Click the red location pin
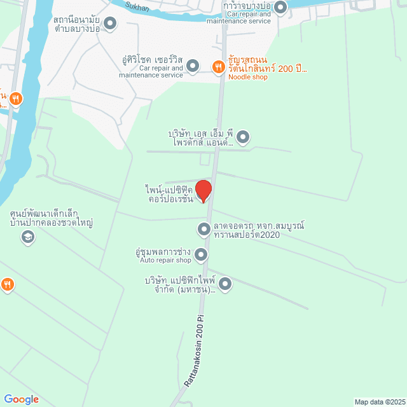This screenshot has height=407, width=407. [x=203, y=190]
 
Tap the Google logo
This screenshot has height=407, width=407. [x=21, y=399]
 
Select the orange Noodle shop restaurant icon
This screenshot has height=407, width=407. [x=218, y=66]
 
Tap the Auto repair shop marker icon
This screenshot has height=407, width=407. [x=201, y=256]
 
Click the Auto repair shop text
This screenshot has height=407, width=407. [x=165, y=261]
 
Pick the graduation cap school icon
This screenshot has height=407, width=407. [x=27, y=237]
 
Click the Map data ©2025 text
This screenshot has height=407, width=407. [x=378, y=401]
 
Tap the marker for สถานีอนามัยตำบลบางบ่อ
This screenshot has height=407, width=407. [x=110, y=24]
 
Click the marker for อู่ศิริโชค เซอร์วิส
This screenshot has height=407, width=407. [x=193, y=66]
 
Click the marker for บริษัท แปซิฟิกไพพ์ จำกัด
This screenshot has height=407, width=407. [x=224, y=284]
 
